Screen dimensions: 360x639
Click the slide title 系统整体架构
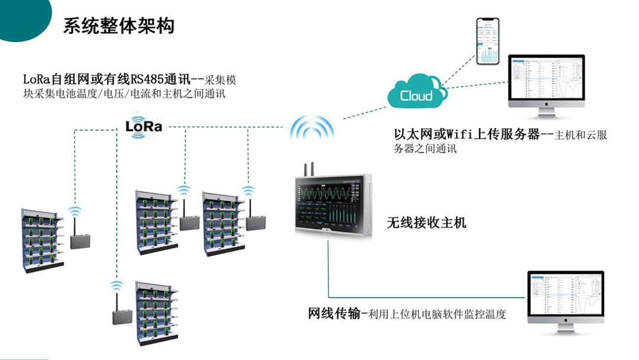[118, 26]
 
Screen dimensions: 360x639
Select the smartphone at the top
[489, 41]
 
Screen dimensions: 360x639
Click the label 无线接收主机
[427, 223]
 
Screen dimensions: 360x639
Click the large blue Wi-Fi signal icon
[312, 127]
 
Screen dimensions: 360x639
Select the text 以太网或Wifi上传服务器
[467, 135]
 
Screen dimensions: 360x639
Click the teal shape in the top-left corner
[21, 18]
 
